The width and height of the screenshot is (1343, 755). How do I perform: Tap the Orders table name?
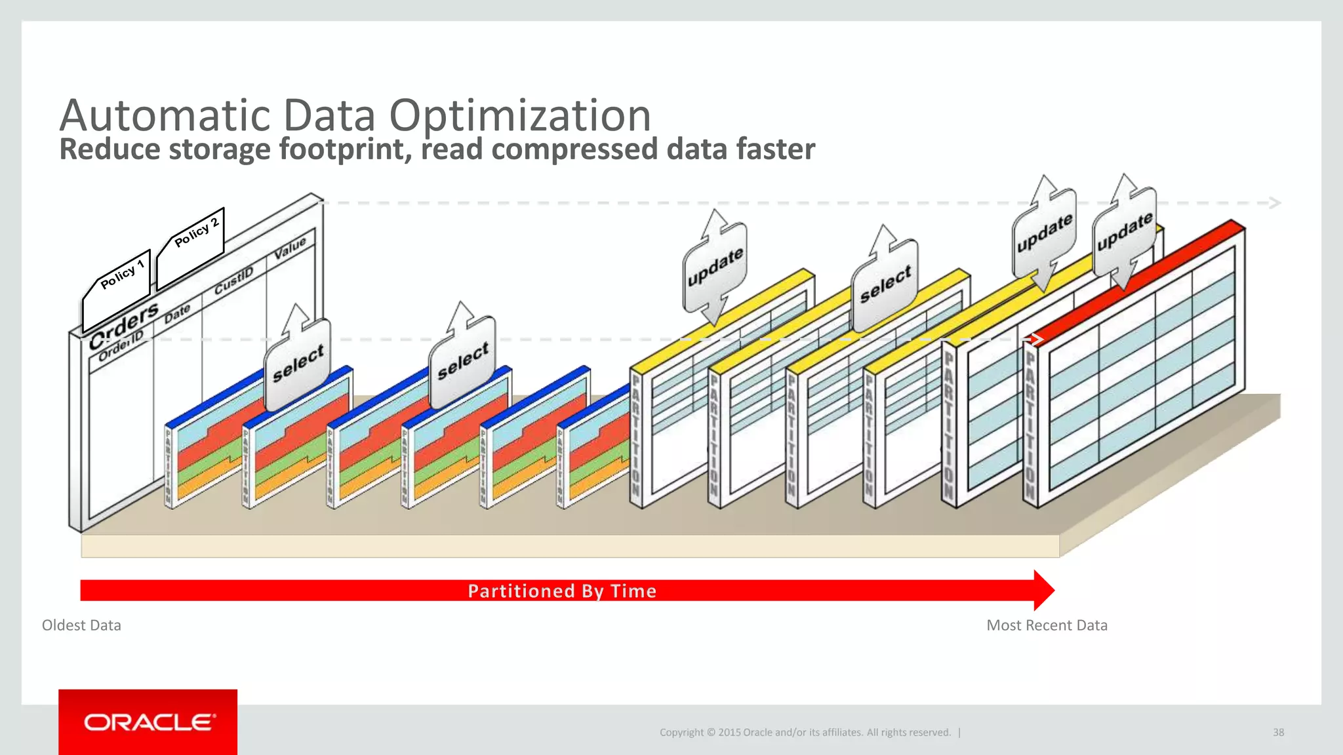[125, 324]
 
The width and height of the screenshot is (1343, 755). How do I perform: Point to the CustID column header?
[233, 280]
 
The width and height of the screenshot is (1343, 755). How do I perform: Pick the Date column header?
[177, 313]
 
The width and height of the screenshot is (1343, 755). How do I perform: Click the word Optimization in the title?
[519, 115]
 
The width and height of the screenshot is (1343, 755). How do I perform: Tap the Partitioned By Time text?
[562, 591]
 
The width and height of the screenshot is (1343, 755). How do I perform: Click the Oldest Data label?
[81, 625]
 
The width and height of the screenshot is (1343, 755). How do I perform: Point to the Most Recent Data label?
[1047, 625]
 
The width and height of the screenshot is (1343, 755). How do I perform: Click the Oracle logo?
[148, 722]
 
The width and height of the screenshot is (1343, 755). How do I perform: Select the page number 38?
[1278, 733]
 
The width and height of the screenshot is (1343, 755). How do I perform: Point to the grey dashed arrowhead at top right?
[1274, 203]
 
